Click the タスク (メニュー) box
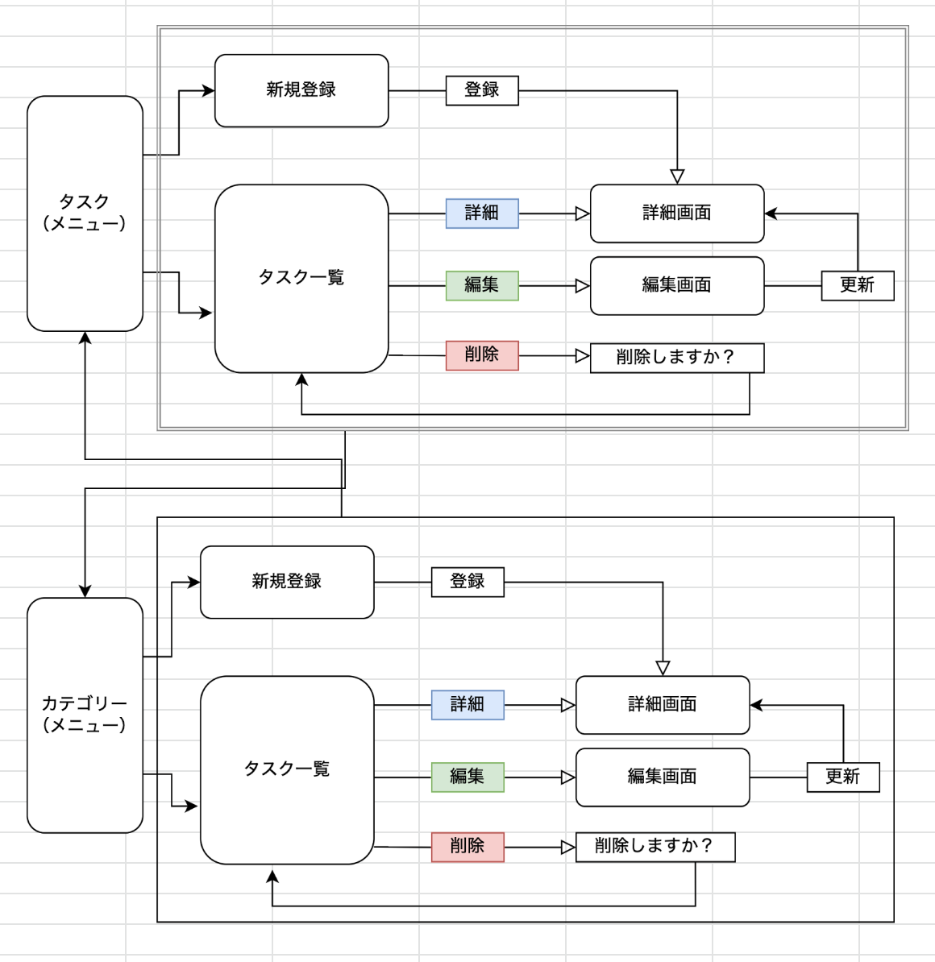tap(85, 214)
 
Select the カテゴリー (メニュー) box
tap(85, 715)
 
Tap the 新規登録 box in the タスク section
tap(301, 90)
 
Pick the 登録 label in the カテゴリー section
tap(467, 582)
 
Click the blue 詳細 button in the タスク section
tap(482, 214)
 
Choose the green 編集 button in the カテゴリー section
tap(467, 777)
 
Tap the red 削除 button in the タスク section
tap(482, 355)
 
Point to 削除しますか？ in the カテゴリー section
tap(654, 847)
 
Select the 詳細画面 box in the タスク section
tap(677, 214)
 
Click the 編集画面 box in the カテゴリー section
tap(663, 777)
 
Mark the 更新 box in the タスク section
tap(858, 285)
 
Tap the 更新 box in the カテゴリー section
tap(843, 777)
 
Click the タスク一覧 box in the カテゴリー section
tap(287, 769)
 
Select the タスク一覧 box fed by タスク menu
tap(301, 278)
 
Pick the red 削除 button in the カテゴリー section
tap(467, 847)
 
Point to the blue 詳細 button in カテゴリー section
tap(467, 704)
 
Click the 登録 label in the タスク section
tap(482, 90)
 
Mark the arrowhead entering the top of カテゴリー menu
tap(85, 591)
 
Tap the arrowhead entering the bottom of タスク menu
tap(85, 338)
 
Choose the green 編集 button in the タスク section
tap(482, 285)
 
